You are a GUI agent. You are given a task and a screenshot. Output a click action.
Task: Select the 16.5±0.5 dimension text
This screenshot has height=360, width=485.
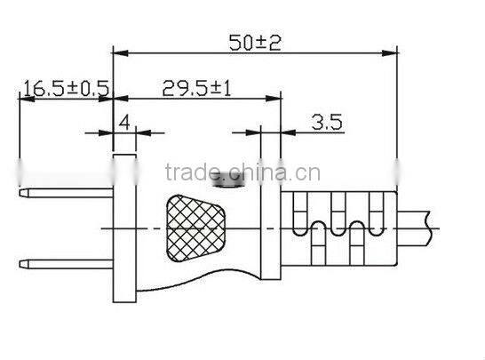point(65,88)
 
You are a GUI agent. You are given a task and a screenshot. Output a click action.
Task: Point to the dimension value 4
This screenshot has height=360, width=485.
point(124,123)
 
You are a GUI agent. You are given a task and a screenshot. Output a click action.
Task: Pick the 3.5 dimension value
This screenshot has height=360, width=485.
point(327,123)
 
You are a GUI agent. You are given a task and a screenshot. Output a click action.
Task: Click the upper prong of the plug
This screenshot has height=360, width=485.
point(67,190)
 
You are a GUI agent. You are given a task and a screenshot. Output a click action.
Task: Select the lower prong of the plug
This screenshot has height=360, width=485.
point(67,263)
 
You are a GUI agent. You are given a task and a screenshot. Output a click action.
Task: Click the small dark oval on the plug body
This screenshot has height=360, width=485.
point(230,187)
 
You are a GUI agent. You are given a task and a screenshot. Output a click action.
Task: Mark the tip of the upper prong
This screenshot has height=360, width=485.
point(23,190)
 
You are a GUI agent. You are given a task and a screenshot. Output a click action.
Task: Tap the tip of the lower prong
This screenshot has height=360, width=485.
point(23,263)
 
